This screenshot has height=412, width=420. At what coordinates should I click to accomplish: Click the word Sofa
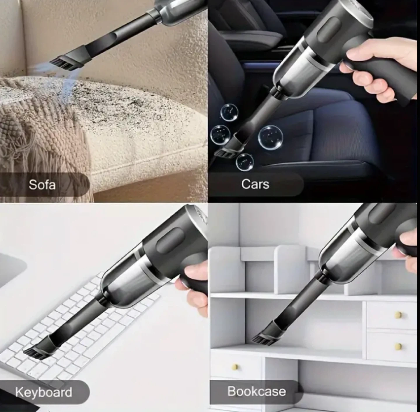coord(42,185)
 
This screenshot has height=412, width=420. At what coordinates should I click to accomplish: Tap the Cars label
coord(255,184)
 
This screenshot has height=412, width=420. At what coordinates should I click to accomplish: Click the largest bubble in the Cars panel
coord(270,138)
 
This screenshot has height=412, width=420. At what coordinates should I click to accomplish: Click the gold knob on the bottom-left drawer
coord(235,367)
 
